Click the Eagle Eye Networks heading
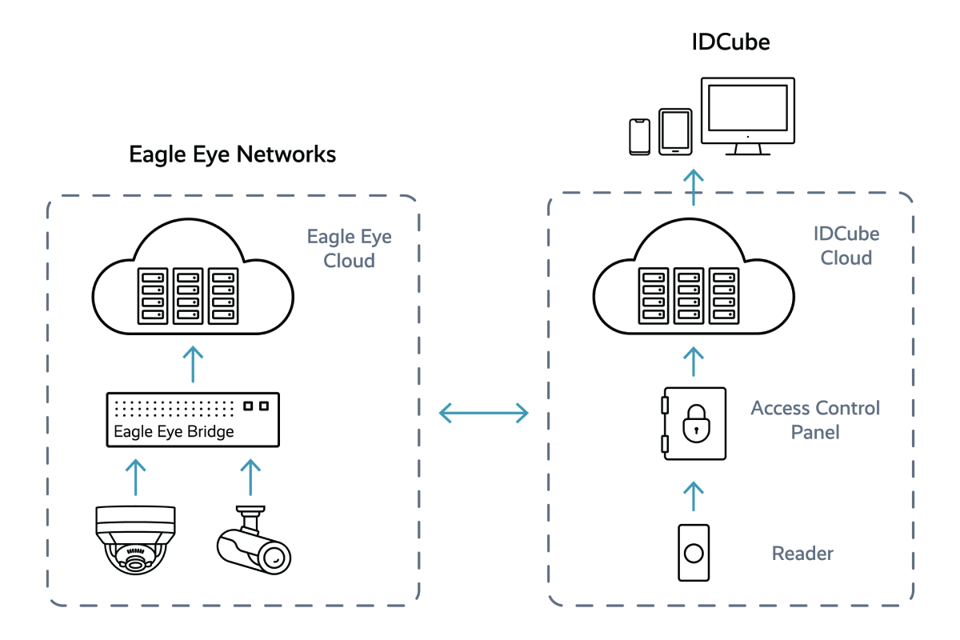coord(233,154)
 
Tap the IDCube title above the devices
coord(730,42)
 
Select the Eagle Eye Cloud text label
coord(350,249)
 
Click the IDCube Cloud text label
coord(846,246)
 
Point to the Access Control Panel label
coord(815,420)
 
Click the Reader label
coord(802,554)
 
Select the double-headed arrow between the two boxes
coord(484,413)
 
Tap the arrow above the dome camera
coord(137,477)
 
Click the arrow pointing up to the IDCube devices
coord(694,186)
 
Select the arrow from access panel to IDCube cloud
coord(694,362)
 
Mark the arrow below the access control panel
coord(694,496)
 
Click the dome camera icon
coord(135,539)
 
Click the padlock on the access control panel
coord(694,424)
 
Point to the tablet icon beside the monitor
coord(674,131)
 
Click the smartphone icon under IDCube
coord(641,136)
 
